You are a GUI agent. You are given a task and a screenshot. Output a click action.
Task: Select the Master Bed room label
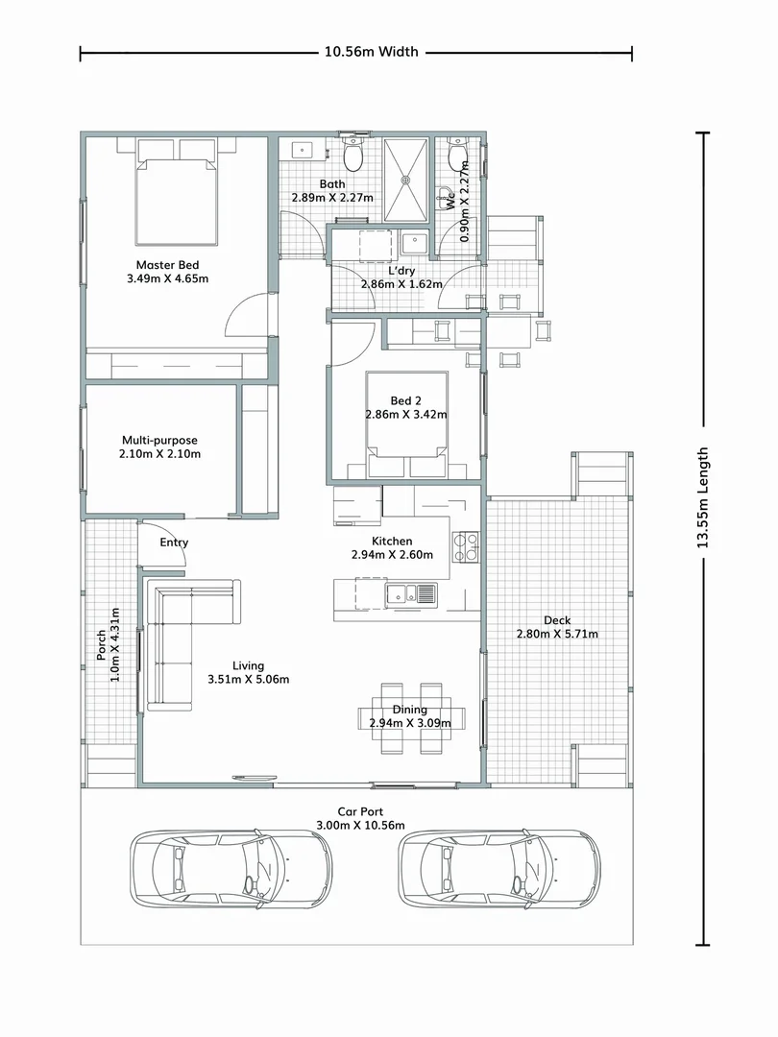click(167, 272)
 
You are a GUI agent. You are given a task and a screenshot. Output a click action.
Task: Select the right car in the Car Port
click(500, 868)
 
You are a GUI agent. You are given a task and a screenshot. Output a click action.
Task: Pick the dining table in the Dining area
click(411, 717)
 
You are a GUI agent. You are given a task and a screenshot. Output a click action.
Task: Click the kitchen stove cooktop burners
click(466, 546)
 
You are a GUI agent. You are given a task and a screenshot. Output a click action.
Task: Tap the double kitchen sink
click(410, 594)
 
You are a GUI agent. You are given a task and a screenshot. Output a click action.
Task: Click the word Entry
click(174, 543)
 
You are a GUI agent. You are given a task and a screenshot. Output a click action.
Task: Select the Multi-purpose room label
click(160, 446)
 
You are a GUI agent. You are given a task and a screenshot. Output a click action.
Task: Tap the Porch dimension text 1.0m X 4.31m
click(109, 645)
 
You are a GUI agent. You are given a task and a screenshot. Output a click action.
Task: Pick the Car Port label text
click(359, 811)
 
